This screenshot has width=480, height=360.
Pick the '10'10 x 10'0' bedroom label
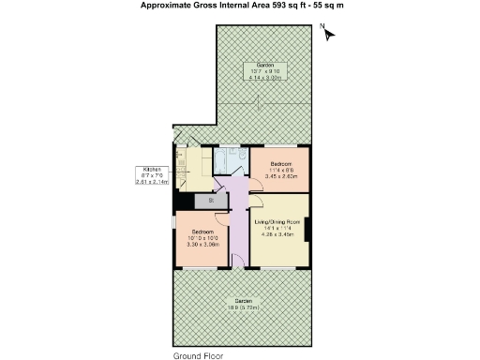point(203,236)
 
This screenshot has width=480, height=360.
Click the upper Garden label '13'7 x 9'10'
point(265,70)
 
